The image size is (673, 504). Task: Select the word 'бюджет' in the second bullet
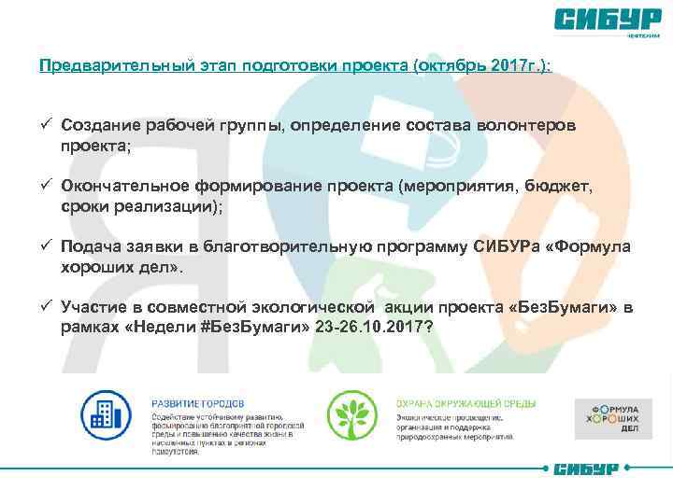coord(563,186)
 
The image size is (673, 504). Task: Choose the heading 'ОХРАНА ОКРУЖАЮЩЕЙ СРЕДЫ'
coord(452,402)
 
